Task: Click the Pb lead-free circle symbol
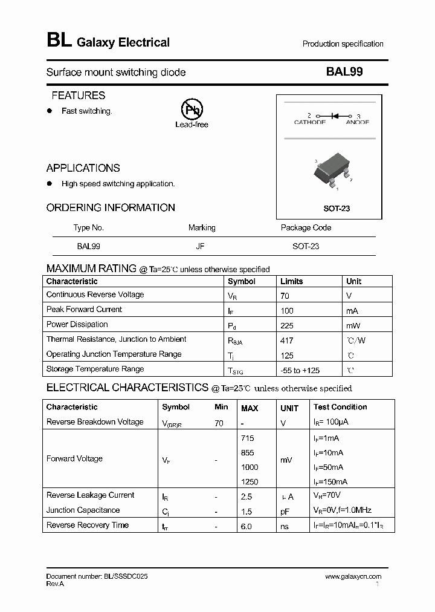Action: [192, 109]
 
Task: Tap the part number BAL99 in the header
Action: [344, 72]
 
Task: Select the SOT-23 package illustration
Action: [333, 172]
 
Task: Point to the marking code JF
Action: [200, 247]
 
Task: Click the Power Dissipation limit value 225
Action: [287, 325]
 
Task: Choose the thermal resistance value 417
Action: [287, 340]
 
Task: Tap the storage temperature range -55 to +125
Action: [300, 369]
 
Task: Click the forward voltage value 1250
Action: [249, 482]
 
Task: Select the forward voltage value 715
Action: [247, 438]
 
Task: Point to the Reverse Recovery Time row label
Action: [87, 526]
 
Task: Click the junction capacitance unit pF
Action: [285, 511]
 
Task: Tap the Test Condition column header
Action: [340, 408]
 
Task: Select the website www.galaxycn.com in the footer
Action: [353, 577]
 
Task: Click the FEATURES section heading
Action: [78, 96]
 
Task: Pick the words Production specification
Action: [343, 44]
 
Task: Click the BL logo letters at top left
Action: [59, 41]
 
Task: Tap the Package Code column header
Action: [306, 228]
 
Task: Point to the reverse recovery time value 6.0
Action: [246, 527]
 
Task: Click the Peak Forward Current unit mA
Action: [352, 310]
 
